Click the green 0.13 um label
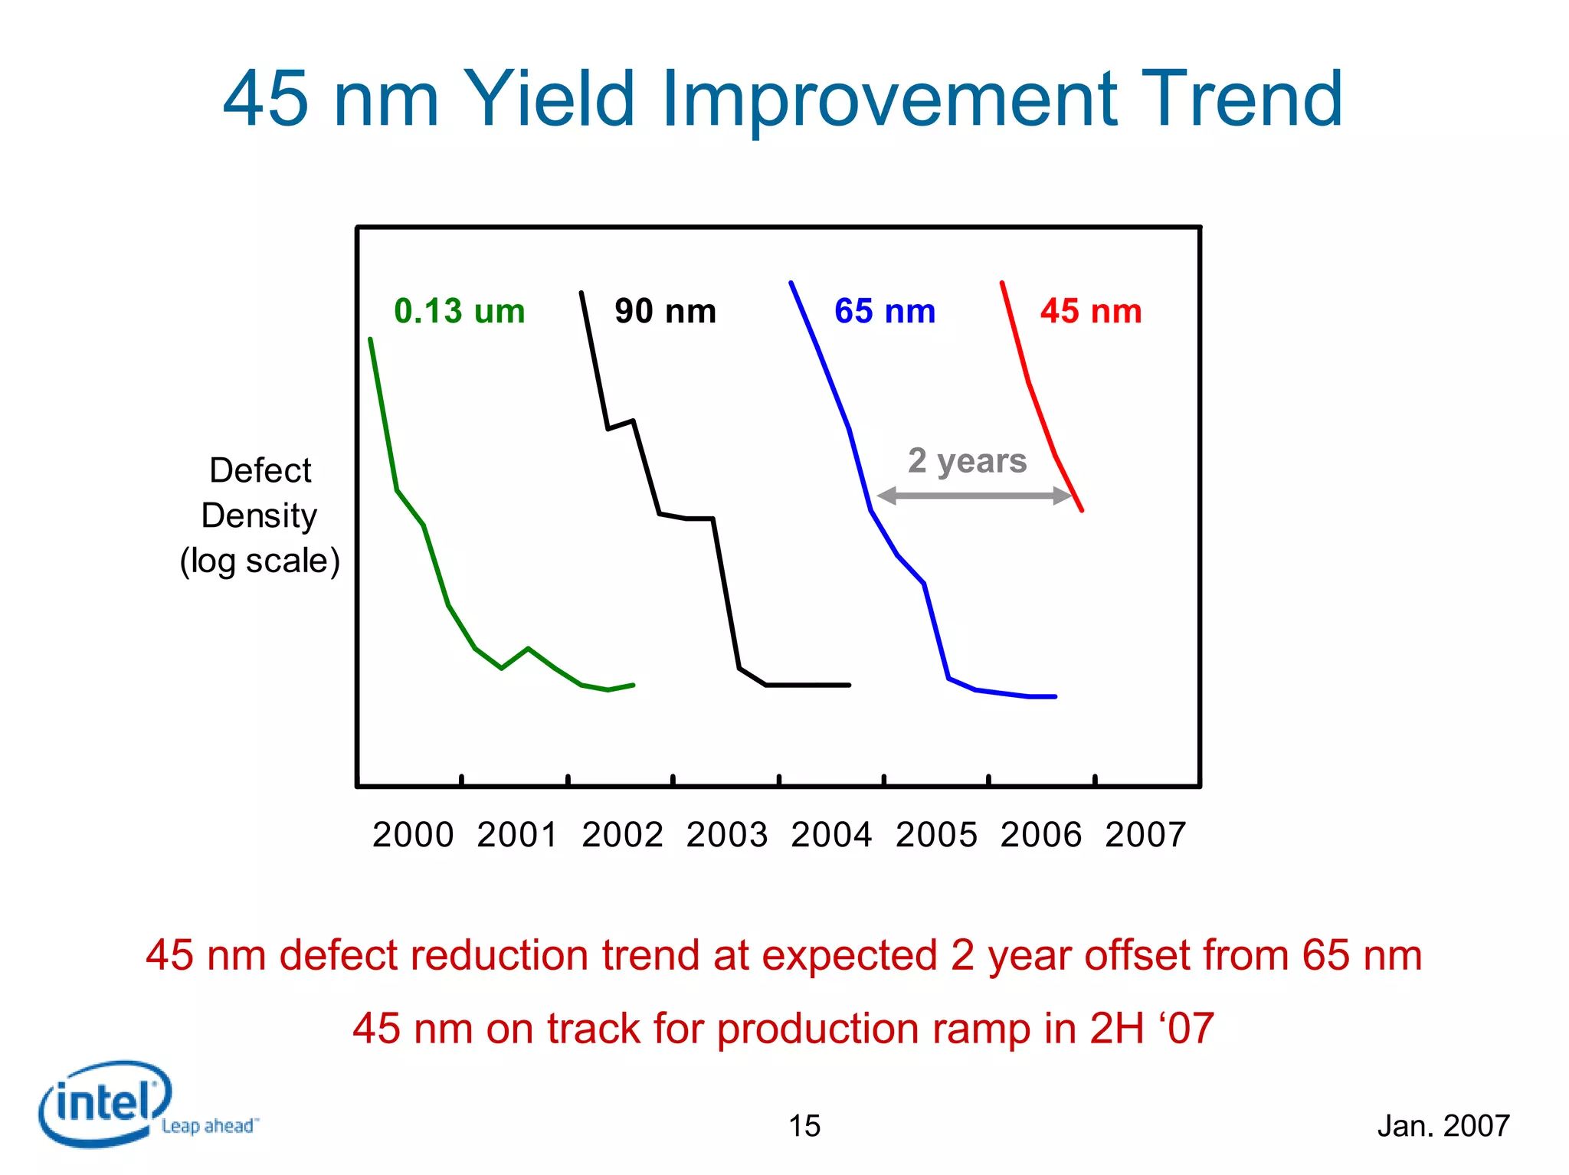click(x=460, y=312)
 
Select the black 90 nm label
click(x=665, y=312)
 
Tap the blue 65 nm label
click(x=885, y=312)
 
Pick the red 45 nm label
click(x=1091, y=312)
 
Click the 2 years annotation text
click(x=967, y=461)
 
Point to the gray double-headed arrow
click(x=973, y=496)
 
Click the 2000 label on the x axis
click(x=413, y=835)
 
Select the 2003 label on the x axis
click(x=727, y=835)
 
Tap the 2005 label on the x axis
click(x=936, y=835)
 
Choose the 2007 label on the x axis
click(x=1145, y=835)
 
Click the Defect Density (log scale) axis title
click(x=260, y=515)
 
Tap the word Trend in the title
click(x=1241, y=100)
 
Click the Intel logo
click(x=103, y=1103)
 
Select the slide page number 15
click(x=804, y=1126)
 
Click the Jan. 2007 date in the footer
click(x=1443, y=1126)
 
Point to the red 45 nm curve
click(x=1029, y=382)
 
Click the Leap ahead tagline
click(x=209, y=1126)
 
